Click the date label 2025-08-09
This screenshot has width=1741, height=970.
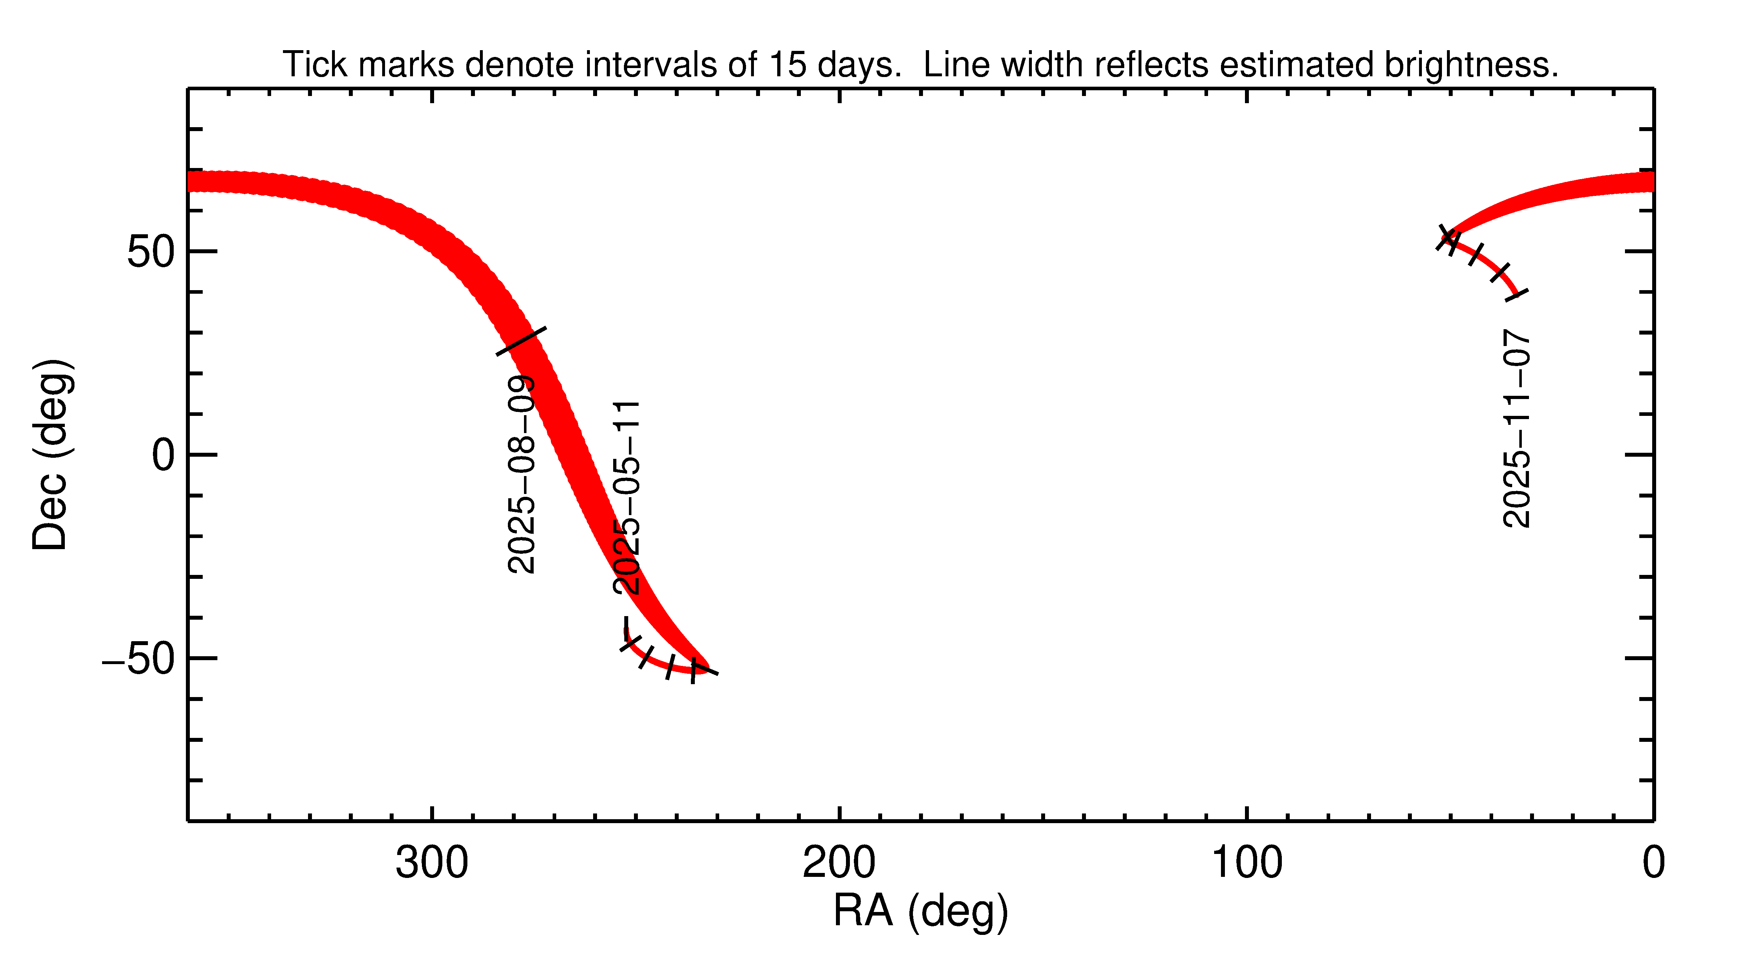coord(521,475)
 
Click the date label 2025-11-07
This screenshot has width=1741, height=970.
coord(1517,428)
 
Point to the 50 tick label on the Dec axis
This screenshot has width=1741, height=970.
coord(152,252)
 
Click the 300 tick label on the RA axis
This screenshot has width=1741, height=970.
coord(432,863)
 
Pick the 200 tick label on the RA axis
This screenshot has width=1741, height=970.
coord(839,863)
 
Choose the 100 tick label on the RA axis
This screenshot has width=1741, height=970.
coord(1246,863)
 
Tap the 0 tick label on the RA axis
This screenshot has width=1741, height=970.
coord(1653,863)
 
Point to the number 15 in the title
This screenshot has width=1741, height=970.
coord(787,65)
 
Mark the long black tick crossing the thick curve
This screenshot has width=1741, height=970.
coord(521,341)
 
